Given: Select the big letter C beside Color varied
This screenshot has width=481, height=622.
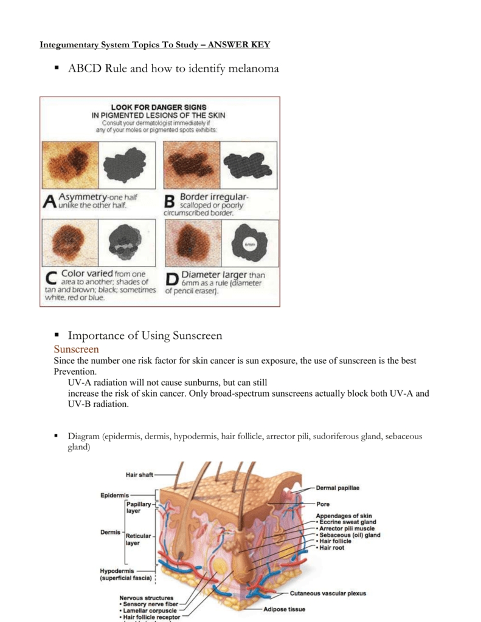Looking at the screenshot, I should [52, 280].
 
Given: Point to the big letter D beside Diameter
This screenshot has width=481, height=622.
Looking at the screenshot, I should [173, 280].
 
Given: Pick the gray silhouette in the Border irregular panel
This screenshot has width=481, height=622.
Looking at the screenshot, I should [248, 164].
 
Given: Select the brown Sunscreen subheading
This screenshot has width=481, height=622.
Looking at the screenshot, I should [76, 349].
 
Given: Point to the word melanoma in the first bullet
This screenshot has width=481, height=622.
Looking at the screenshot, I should [254, 69].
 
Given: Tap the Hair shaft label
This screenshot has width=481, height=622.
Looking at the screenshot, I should [139, 474].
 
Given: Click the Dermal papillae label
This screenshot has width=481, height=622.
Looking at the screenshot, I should [337, 488].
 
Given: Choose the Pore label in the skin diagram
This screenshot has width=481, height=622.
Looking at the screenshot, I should [323, 504].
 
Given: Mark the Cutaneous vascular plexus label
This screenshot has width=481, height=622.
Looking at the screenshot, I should [328, 593].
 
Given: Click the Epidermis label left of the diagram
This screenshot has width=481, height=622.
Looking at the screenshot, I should [114, 495].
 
